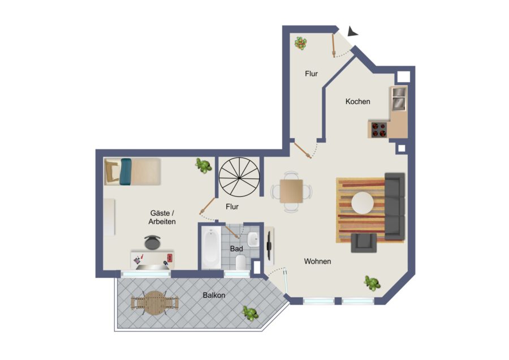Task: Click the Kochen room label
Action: (358, 101)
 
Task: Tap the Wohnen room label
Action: (317, 262)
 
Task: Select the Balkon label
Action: (214, 295)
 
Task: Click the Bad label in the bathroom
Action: (236, 249)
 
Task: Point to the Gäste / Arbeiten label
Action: (162, 217)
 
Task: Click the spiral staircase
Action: (239, 178)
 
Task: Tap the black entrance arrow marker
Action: (352, 32)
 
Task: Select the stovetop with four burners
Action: (379, 129)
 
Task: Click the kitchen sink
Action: (399, 98)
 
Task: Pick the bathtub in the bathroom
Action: (212, 248)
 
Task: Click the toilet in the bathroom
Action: (240, 263)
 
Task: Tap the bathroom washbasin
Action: (253, 239)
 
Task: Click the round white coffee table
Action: (363, 203)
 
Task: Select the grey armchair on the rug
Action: (364, 243)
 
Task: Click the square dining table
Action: (291, 191)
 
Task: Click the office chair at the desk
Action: (152, 242)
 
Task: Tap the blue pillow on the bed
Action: (126, 172)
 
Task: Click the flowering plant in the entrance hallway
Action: (301, 43)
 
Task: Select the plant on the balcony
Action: (250, 313)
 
